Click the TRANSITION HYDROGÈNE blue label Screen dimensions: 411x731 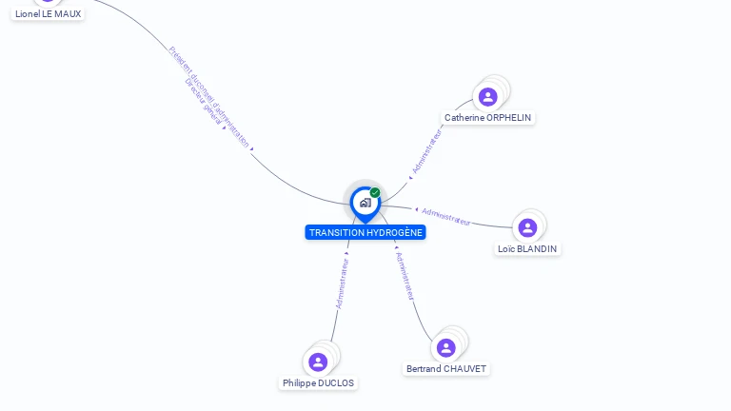point(365,232)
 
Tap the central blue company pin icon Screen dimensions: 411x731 point(365,202)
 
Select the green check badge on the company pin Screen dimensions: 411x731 point(375,192)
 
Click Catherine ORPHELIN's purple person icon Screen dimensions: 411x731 point(488,96)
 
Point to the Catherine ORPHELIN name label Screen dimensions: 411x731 point(488,118)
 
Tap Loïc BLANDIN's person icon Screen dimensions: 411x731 point(528,227)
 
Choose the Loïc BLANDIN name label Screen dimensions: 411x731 point(527,249)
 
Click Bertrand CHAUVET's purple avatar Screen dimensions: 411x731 point(445,347)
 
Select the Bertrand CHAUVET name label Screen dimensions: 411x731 point(446,369)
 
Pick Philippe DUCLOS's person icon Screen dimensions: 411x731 point(318,362)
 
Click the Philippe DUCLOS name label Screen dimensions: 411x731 point(318,383)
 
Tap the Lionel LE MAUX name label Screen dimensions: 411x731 point(48,14)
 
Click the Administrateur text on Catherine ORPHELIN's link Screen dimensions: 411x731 point(427,151)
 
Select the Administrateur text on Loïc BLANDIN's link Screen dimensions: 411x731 point(446,216)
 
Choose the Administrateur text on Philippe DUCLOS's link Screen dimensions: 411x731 point(343,283)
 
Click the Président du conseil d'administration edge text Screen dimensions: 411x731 point(211,95)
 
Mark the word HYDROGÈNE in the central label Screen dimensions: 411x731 point(393,232)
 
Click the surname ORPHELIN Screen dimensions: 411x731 point(508,118)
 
